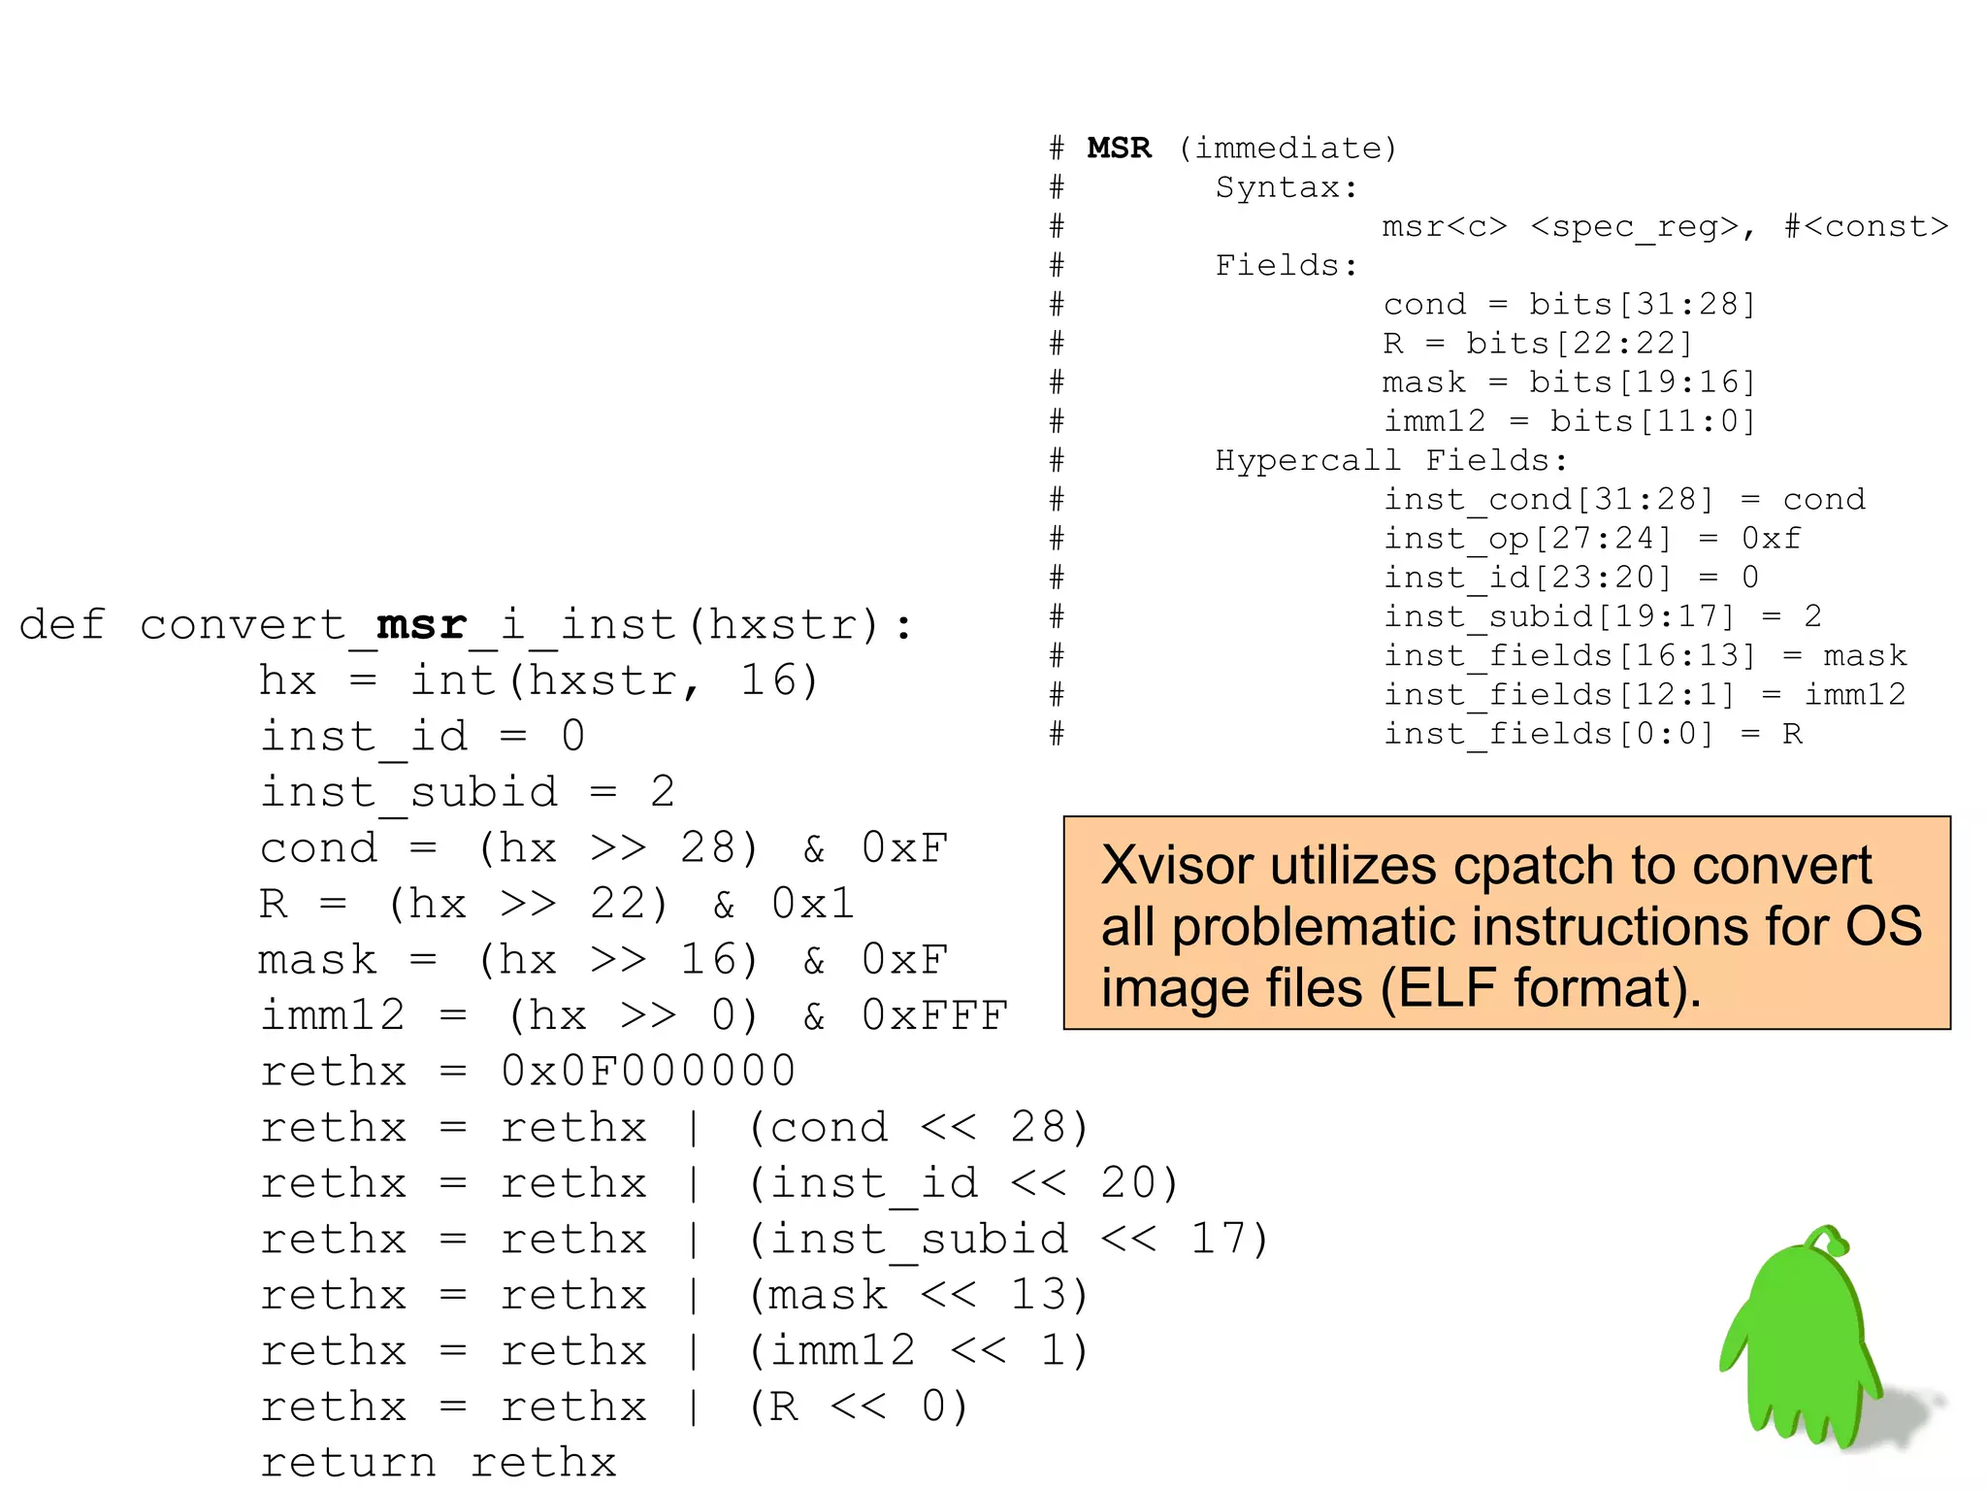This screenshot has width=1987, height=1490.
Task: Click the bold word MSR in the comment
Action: coord(1119,148)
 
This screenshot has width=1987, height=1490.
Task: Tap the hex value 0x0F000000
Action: coord(648,1071)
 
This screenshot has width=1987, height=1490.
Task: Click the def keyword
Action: coord(61,624)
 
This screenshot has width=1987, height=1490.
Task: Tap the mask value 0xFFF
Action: coord(933,1015)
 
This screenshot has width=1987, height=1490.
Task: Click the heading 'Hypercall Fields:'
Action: coord(1390,460)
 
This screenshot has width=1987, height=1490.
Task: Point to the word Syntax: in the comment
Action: coord(1287,186)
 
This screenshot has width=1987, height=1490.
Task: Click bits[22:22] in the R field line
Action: coord(1579,343)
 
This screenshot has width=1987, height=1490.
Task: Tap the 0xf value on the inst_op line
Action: coord(1771,538)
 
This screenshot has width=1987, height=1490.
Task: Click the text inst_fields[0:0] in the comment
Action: coord(1548,733)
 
